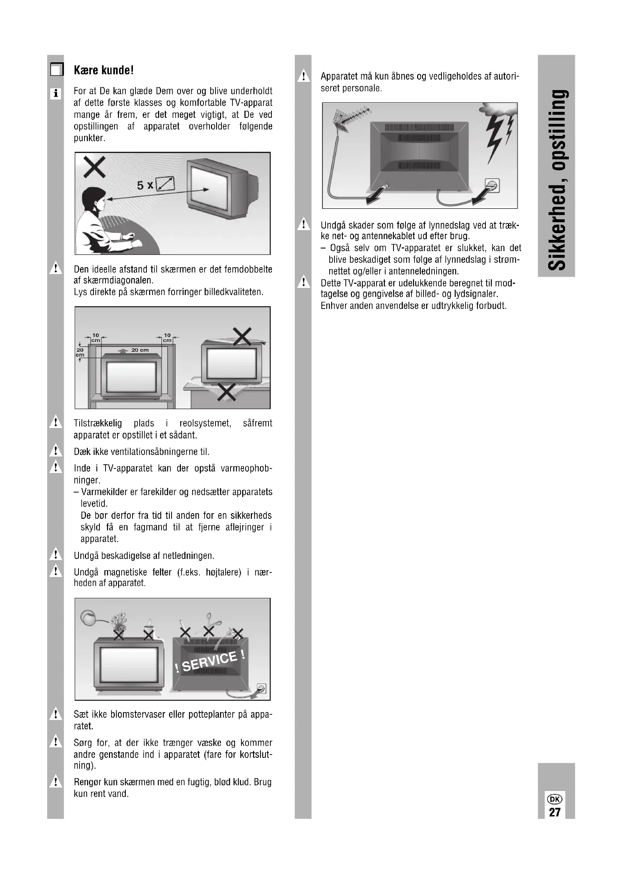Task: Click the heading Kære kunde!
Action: (104, 70)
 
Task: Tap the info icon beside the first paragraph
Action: (56, 93)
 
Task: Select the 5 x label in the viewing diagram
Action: (145, 186)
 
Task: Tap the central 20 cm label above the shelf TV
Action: (140, 350)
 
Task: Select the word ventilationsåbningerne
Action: (154, 452)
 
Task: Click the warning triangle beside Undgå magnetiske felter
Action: (56, 571)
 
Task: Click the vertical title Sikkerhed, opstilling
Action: (556, 180)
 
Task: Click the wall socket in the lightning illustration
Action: (493, 186)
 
